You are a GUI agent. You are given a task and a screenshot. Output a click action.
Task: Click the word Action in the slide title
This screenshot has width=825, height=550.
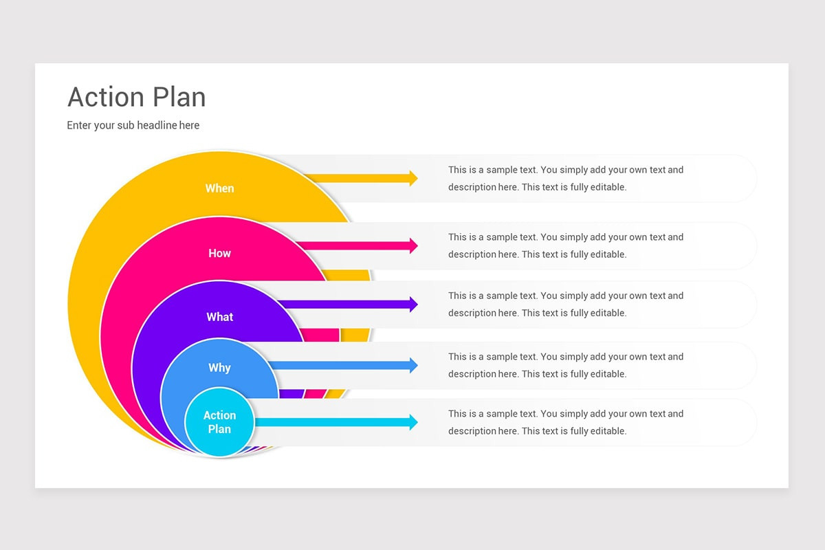coord(106,98)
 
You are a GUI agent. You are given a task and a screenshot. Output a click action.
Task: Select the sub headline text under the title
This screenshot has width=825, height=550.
coord(133,125)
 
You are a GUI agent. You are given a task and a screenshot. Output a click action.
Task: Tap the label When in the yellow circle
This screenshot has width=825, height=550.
coord(219,188)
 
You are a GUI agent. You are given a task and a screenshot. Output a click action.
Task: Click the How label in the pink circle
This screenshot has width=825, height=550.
coord(219,254)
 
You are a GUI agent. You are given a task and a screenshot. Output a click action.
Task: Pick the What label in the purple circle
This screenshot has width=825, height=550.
coord(219,317)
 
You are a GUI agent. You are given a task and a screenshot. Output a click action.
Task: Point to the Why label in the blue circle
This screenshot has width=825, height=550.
coord(219,368)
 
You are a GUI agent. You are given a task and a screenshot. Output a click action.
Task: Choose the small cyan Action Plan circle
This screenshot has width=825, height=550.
coord(219,422)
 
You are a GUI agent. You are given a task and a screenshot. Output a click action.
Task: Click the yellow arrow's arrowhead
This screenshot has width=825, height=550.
coord(413,178)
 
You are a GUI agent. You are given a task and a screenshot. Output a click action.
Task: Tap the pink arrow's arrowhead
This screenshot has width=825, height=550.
coord(413,245)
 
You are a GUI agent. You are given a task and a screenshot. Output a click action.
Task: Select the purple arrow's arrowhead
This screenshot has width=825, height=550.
coord(413,304)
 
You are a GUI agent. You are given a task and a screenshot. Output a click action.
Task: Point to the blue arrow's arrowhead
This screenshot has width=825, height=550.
coord(413,365)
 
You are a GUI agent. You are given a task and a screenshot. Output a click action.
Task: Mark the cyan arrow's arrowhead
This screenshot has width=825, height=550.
coord(413,422)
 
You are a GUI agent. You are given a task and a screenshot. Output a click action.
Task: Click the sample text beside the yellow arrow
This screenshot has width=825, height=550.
coord(565,178)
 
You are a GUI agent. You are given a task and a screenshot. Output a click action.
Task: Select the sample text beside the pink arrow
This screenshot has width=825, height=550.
coord(565,245)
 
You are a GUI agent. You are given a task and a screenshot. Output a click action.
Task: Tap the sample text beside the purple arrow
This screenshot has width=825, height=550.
coord(565,304)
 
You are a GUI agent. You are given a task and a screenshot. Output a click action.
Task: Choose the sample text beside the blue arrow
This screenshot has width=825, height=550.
coord(565,365)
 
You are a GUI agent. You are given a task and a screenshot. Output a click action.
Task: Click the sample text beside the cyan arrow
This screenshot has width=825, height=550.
coord(565,422)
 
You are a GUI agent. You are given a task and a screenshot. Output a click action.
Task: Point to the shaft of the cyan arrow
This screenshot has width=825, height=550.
coord(330,422)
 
